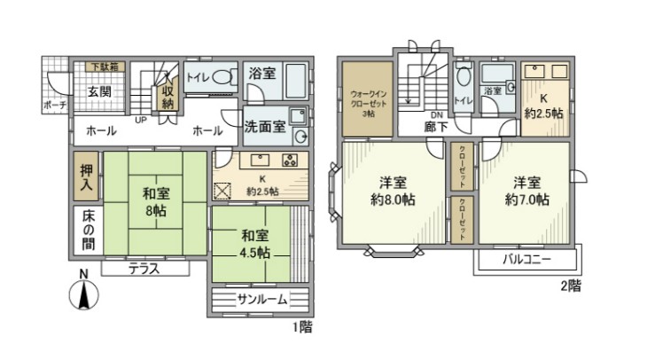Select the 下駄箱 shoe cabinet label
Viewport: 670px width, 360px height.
104,67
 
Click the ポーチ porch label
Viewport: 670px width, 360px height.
54,105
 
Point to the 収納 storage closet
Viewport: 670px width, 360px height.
167,92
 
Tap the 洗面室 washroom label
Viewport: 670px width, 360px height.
265,126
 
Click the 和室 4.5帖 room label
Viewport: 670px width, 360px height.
253,243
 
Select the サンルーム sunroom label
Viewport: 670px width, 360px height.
261,299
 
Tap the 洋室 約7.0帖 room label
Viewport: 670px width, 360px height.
529,191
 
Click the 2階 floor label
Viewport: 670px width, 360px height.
571,286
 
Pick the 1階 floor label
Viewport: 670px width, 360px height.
302,326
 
